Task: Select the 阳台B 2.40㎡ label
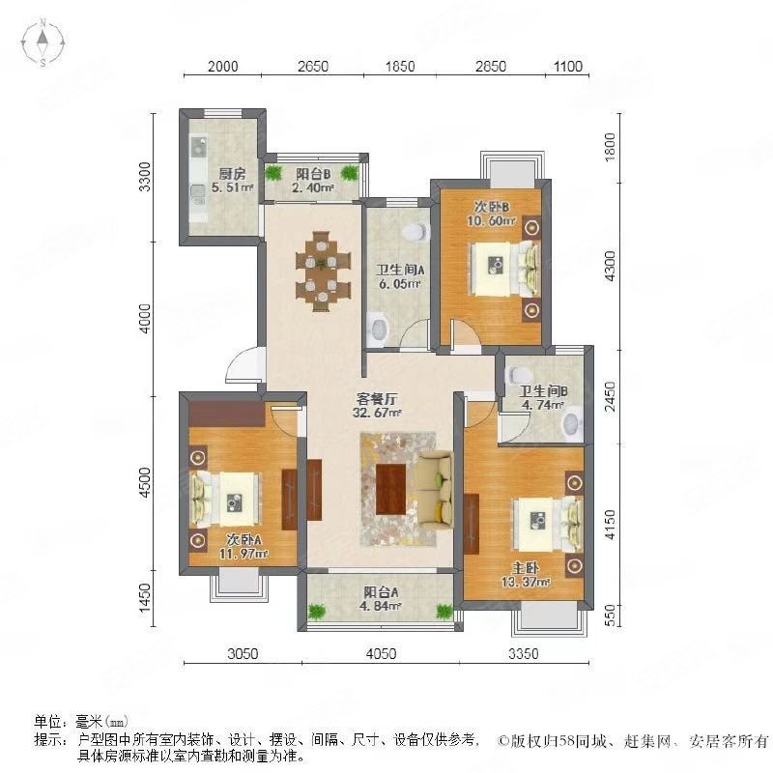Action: click(x=314, y=182)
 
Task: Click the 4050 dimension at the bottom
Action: click(x=382, y=654)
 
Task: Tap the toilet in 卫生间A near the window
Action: click(x=415, y=233)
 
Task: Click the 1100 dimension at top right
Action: click(x=567, y=67)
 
